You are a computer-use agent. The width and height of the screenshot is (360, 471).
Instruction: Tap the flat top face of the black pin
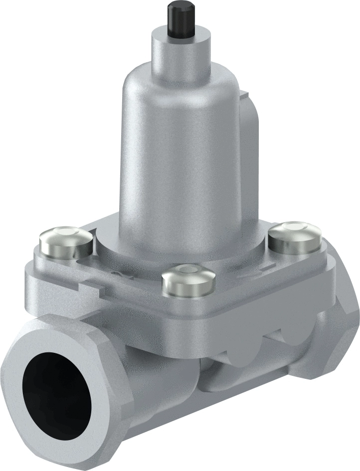(x=180, y=7)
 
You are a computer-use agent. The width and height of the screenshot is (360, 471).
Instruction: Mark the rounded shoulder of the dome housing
(x=150, y=85)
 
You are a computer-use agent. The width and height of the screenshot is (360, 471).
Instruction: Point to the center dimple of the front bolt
(x=188, y=270)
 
